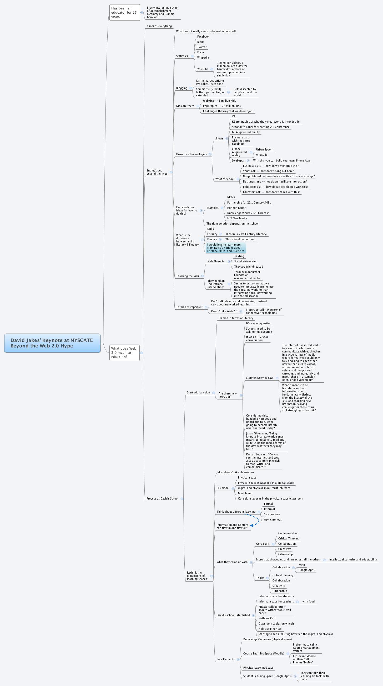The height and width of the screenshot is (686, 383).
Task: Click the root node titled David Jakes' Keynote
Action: coord(52,343)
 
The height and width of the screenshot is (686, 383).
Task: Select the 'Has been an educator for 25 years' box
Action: coord(125,13)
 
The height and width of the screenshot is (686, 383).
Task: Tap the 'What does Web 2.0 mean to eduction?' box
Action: coord(124,353)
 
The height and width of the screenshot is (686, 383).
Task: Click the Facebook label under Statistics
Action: coord(203,37)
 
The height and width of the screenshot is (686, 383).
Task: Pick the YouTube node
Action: coord(203,69)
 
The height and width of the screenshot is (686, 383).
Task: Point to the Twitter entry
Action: coord(202,47)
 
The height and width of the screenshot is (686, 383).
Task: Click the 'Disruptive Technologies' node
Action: coord(191,154)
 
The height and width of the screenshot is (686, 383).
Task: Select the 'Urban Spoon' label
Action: coord(264,150)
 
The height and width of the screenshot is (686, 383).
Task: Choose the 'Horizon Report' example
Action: coord(236,208)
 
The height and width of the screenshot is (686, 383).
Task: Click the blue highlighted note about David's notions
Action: coord(226,248)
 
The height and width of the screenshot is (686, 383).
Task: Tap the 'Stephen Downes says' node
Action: coord(260,378)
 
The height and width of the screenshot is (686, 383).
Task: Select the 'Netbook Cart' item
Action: coord(267,618)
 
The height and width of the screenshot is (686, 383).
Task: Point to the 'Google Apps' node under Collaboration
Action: coord(306,570)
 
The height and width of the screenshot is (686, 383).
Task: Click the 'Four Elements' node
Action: coord(225,659)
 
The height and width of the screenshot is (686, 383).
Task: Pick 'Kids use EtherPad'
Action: coord(270,629)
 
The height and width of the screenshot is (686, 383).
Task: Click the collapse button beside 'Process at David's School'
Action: coord(182,499)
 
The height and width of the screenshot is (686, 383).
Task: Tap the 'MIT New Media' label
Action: coord(237,218)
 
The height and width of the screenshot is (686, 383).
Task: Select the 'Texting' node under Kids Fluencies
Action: coord(239,256)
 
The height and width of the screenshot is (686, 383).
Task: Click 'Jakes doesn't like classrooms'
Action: coord(235,472)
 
